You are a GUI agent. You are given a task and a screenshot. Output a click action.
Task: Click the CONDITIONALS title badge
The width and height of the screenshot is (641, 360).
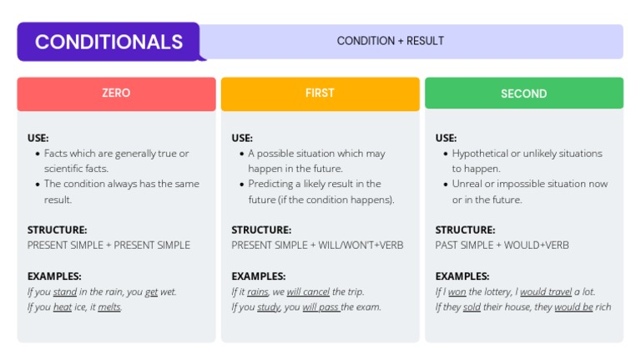coord(109,42)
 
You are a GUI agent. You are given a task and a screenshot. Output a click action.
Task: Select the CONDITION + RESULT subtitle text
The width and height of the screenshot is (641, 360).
coord(390,41)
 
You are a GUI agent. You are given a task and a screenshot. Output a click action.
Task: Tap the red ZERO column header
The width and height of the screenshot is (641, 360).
coord(116,94)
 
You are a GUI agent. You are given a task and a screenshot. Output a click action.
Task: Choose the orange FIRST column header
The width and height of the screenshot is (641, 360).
coord(320,94)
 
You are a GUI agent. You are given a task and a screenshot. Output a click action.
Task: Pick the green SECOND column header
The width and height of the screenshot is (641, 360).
coord(523,94)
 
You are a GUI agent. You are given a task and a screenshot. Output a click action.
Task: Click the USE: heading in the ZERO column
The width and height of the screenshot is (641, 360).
coord(38,138)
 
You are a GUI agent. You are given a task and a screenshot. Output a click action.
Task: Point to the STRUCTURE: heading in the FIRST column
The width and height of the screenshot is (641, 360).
coord(261,230)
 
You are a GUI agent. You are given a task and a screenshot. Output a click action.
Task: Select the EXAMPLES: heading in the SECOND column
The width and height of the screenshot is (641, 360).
coord(462,276)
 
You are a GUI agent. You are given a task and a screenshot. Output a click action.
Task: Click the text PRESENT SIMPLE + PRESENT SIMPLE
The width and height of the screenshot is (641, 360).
coord(109,246)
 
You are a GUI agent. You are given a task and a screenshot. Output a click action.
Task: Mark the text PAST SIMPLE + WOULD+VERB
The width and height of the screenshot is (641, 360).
coord(502,246)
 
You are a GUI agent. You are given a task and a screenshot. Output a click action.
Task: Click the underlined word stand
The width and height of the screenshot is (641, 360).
coord(65,292)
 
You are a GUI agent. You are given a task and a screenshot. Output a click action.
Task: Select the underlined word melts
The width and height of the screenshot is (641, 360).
coord(109,307)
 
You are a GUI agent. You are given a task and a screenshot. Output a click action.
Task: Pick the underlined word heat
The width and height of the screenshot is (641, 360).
coord(63,307)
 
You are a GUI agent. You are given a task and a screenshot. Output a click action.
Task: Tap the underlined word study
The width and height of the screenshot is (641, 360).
coord(268,307)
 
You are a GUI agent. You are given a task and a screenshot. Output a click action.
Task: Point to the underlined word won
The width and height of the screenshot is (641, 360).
coord(457,292)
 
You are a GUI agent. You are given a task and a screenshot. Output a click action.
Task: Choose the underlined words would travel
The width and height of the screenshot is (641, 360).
coord(546,292)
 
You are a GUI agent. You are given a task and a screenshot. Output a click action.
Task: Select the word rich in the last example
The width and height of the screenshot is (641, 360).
coord(603,307)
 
